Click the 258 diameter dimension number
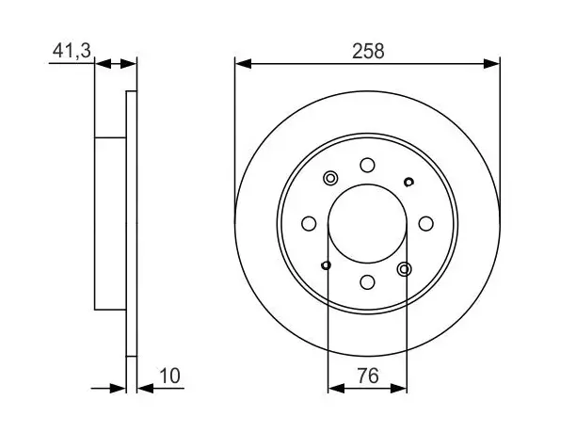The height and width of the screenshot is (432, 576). (x=368, y=51)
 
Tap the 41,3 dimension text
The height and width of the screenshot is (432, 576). (x=72, y=50)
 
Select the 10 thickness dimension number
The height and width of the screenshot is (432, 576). (x=169, y=376)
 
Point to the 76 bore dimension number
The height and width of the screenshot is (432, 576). (x=368, y=376)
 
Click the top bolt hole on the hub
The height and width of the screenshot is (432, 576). (x=367, y=166)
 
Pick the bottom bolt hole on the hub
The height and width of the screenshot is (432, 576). (x=367, y=282)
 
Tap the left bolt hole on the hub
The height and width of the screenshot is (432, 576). (x=309, y=224)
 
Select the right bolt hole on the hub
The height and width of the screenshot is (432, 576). (x=425, y=224)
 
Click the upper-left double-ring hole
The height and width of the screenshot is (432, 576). (x=330, y=179)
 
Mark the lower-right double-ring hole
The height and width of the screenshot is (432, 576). (x=404, y=269)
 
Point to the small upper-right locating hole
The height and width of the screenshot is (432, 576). (x=408, y=182)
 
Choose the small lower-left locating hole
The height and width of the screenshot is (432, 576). (x=326, y=265)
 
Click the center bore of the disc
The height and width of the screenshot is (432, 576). (x=367, y=224)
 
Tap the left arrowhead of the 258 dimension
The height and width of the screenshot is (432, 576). (x=243, y=64)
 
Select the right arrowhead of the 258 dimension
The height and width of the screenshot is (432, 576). (x=491, y=64)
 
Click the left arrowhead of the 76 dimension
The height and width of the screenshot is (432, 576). (x=336, y=388)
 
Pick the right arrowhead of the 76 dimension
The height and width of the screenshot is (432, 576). (x=398, y=388)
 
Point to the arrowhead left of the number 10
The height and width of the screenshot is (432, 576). (x=145, y=388)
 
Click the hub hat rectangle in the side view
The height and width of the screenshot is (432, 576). (x=110, y=224)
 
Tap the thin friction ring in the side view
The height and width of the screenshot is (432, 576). (x=132, y=224)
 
